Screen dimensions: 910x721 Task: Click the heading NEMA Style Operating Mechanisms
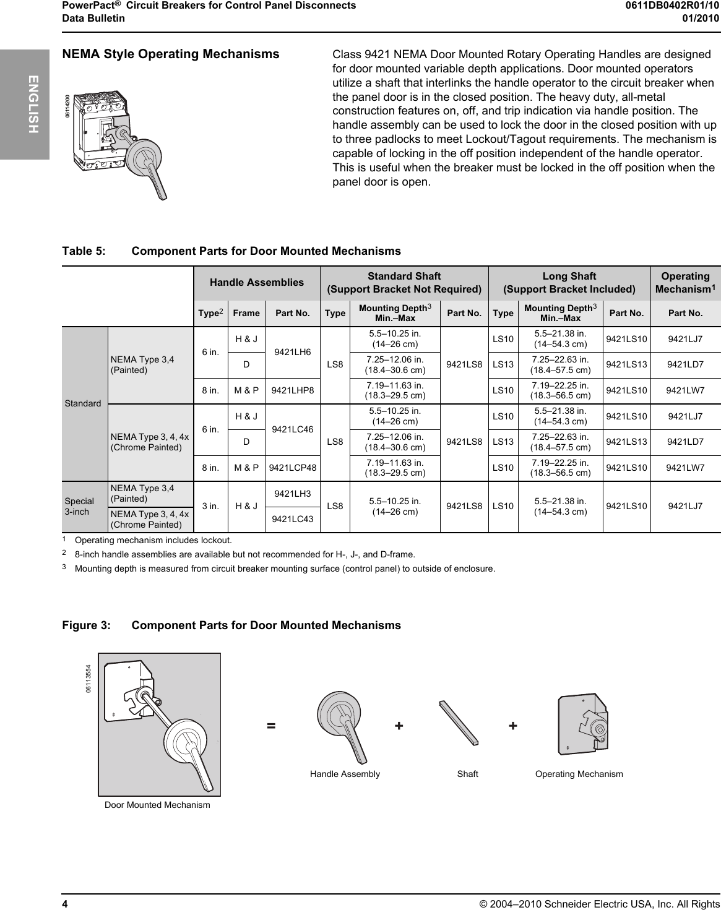(x=171, y=54)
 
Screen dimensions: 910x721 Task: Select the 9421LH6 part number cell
(x=293, y=351)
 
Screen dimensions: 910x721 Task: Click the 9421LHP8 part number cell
(x=293, y=390)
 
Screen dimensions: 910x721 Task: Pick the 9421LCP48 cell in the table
(x=293, y=468)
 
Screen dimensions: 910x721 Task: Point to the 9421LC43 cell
(x=293, y=519)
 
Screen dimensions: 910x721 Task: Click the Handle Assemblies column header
(x=257, y=282)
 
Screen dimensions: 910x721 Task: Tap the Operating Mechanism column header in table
(x=685, y=283)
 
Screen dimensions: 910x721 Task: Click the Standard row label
(x=83, y=403)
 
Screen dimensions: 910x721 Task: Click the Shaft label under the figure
(x=467, y=774)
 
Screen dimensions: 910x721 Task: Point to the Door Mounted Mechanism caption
(x=157, y=805)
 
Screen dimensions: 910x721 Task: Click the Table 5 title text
(x=231, y=251)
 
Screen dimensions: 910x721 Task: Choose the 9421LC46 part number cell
(x=293, y=429)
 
